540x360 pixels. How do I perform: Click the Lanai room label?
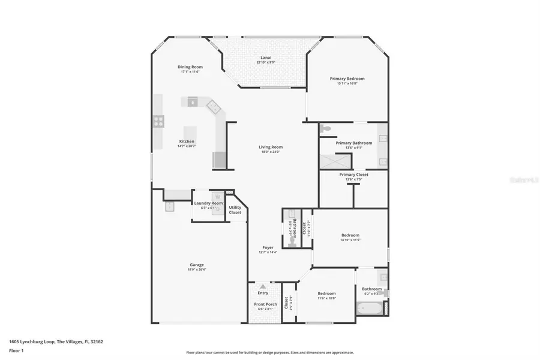[265, 57]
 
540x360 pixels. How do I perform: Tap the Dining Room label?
[190, 67]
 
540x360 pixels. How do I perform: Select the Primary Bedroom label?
[347, 79]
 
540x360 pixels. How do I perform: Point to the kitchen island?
[190, 133]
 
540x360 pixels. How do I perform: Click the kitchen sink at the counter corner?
[213, 106]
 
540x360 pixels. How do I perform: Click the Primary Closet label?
[353, 175]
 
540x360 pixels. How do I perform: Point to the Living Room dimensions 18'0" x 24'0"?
[270, 152]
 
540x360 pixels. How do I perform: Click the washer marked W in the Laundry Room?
[218, 196]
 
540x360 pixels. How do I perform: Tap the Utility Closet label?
[235, 210]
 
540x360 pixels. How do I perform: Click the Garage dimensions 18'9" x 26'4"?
[197, 269]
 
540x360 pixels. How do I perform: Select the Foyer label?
[268, 247]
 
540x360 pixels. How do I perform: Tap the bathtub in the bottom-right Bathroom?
[368, 310]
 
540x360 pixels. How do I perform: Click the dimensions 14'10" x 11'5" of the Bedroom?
[350, 239]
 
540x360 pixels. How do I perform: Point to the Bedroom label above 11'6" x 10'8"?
[326, 293]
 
